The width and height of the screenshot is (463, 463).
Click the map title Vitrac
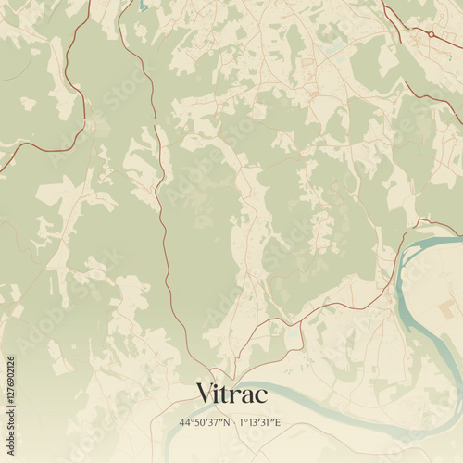pos(231,394)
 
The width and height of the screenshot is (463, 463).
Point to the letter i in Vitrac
pos(219,394)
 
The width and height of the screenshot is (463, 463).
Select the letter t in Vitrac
pos(228,394)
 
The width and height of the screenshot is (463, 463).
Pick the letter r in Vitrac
pos(237,396)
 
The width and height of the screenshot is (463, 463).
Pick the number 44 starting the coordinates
pos(184,422)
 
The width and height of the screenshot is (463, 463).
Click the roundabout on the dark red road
pos(431,33)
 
